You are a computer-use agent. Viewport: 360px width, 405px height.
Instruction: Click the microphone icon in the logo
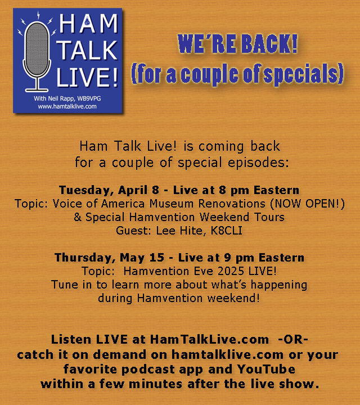(x=38, y=52)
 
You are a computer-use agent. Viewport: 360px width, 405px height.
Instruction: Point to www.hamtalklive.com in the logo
(x=67, y=106)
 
